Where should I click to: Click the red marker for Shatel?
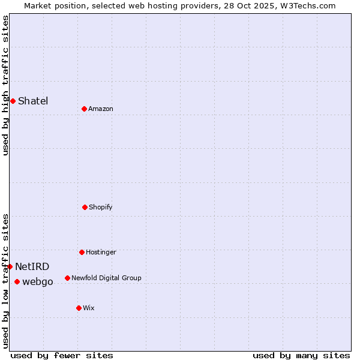pyautogui.click(x=13, y=101)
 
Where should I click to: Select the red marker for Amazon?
pyautogui.click(x=84, y=109)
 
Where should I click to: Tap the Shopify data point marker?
pyautogui.click(x=85, y=207)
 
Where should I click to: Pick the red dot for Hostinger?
pyautogui.click(x=82, y=252)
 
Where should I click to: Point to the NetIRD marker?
pyautogui.click(x=10, y=266)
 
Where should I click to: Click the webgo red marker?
pyautogui.click(x=17, y=281)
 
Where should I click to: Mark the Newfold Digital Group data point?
pyautogui.click(x=67, y=278)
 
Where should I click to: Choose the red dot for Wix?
pyautogui.click(x=79, y=308)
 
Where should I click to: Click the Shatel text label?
pyautogui.click(x=33, y=101)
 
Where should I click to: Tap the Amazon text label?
pyautogui.click(x=101, y=109)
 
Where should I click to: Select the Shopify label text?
pyautogui.click(x=101, y=207)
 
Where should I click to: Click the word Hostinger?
pyautogui.click(x=101, y=252)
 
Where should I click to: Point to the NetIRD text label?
pyautogui.click(x=32, y=266)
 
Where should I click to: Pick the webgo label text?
pyautogui.click(x=38, y=281)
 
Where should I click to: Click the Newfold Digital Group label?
pyautogui.click(x=106, y=278)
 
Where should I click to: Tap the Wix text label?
pyautogui.click(x=89, y=308)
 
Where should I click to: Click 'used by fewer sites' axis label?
pyautogui.click(x=62, y=355)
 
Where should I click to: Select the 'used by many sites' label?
pyautogui.click(x=301, y=355)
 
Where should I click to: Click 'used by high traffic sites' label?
pyautogui.click(x=5, y=85)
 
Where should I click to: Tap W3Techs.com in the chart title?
pyautogui.click(x=307, y=5)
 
